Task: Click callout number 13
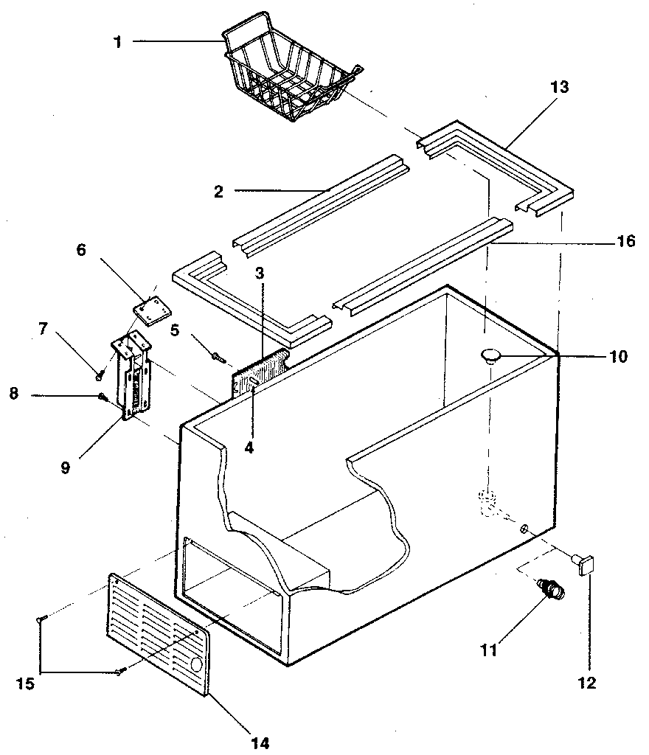pyautogui.click(x=559, y=87)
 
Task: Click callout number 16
pyautogui.click(x=626, y=241)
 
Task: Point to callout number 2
pyautogui.click(x=218, y=192)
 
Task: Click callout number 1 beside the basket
pyautogui.click(x=117, y=42)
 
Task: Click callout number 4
pyautogui.click(x=249, y=447)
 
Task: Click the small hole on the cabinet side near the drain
pyautogui.click(x=524, y=528)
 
